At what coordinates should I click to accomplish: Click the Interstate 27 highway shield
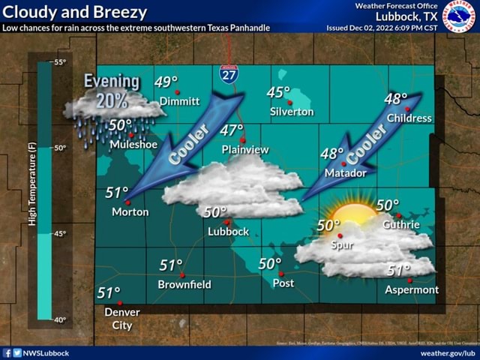[x=229, y=73]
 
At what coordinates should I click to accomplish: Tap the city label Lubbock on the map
[x=228, y=232]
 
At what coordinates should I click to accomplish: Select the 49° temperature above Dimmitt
[x=166, y=82]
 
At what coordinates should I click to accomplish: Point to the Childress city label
[x=409, y=118]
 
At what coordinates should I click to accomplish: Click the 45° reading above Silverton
[x=278, y=93]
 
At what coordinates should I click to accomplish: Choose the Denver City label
[x=122, y=319]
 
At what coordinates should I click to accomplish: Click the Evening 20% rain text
[x=112, y=91]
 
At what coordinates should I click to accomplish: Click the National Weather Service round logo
[x=458, y=16]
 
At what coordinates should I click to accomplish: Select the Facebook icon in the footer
[x=7, y=352]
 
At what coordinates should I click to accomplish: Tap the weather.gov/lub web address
[x=448, y=352]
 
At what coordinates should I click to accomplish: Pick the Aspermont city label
[x=412, y=289]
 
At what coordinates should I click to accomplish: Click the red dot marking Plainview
[x=242, y=139]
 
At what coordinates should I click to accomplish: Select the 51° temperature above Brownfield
[x=171, y=265]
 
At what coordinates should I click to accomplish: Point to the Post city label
[x=283, y=283]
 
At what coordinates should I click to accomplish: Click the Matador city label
[x=346, y=173]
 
